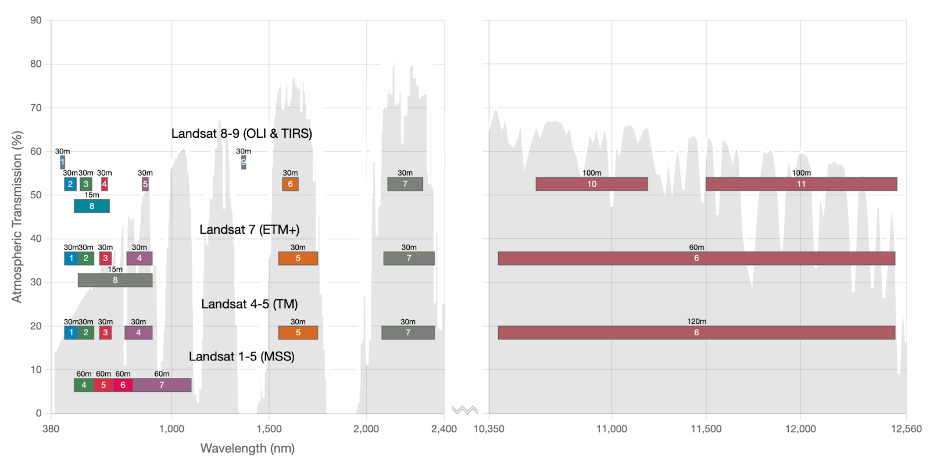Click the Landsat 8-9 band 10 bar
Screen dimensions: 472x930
591,184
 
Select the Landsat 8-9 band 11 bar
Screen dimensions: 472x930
801,184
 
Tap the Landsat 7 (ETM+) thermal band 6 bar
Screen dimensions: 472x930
696,259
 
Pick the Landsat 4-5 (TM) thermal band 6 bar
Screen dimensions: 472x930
696,332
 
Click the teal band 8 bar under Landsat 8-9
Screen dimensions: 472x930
92,206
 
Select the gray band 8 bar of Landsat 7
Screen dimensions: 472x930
115,280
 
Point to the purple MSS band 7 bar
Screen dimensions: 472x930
162,385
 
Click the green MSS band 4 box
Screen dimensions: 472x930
84,385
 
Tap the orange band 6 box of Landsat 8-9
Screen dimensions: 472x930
290,184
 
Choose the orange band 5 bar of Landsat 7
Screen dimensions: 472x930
298,259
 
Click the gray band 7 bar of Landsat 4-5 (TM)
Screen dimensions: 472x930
408,332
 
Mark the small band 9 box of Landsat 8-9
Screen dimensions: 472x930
244,162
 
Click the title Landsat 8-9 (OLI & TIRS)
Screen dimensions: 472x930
241,134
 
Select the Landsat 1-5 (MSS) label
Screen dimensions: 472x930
241,356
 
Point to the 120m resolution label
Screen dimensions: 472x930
696,321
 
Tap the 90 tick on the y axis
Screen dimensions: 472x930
36,20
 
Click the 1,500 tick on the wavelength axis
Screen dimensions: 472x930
269,429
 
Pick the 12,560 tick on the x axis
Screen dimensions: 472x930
906,429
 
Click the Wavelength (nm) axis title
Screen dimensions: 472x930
247,448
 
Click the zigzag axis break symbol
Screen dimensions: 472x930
464,410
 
